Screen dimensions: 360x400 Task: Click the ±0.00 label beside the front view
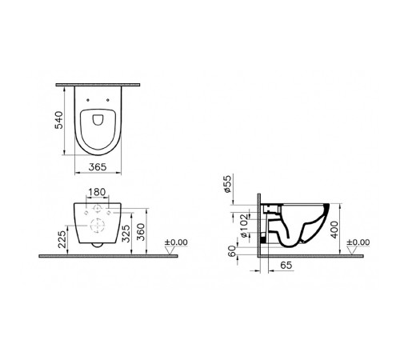click(176, 242)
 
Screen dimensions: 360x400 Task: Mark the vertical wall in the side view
click(261, 224)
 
